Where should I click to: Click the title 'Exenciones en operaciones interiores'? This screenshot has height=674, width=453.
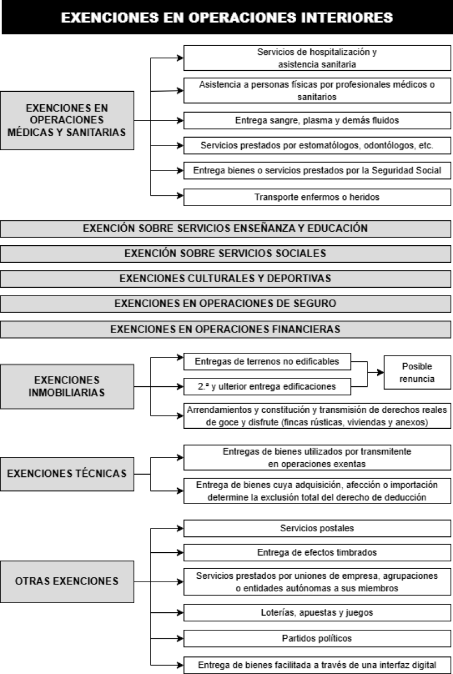pos(226,17)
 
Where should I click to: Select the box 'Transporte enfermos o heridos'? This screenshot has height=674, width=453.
pos(317,197)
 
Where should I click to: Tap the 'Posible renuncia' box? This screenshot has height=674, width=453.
pos(417,372)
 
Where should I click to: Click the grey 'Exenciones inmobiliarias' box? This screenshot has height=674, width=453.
pos(67,386)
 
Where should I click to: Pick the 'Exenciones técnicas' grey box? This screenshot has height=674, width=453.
pos(67,473)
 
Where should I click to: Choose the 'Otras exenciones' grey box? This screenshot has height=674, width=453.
pos(67,582)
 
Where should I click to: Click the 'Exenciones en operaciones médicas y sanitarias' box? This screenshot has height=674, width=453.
pos(67,120)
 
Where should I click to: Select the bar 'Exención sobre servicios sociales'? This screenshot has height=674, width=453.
pos(225,254)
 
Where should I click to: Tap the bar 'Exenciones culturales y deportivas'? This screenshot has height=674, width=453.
pos(225,279)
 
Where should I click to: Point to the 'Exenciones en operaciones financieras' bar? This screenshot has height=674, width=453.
pos(225,329)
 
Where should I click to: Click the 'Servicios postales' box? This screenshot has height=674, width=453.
pos(317,528)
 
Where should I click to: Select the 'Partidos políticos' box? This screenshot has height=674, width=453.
pos(317,638)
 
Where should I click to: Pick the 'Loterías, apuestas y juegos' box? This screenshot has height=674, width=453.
pos(317,612)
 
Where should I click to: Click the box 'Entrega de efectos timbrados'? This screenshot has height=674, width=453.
pos(317,552)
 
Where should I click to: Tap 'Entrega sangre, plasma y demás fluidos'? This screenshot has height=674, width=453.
pos(317,120)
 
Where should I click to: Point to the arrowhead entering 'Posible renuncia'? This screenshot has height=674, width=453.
pos(381,372)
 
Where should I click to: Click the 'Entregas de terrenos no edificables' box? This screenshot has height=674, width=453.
pos(267,361)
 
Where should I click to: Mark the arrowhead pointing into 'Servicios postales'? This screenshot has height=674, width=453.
pos(180,528)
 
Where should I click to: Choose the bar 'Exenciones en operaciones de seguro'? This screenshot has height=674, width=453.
pos(225,304)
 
